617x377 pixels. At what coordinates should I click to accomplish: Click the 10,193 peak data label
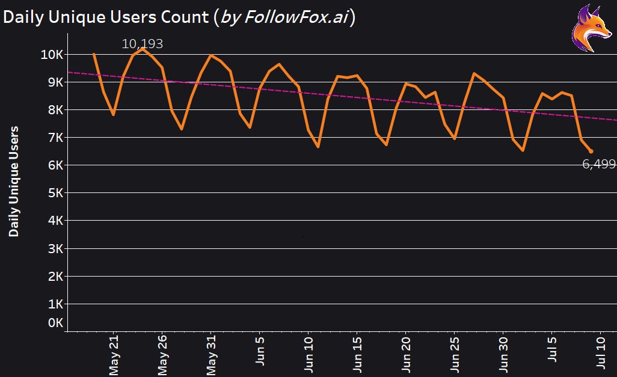click(143, 44)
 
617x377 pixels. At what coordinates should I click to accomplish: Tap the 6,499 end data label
click(599, 164)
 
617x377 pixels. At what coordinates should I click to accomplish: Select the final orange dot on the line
click(591, 152)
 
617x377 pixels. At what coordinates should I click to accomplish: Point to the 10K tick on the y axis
click(52, 55)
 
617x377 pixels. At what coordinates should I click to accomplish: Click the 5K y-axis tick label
click(55, 193)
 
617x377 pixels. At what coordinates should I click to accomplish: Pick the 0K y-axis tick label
click(55, 323)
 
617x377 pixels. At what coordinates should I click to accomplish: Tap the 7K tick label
click(55, 138)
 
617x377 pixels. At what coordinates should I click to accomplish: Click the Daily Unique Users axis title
click(14, 180)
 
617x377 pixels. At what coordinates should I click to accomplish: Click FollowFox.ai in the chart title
click(294, 17)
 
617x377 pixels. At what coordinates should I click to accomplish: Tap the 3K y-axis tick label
click(55, 248)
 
